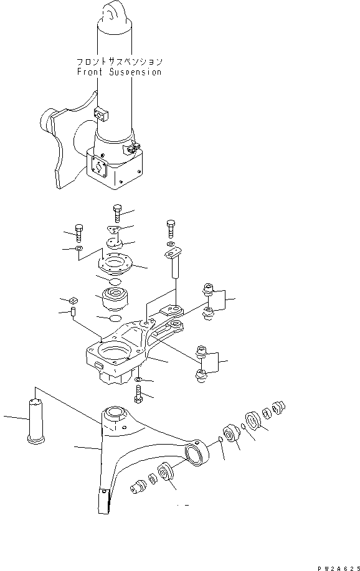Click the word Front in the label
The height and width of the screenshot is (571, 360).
tap(89, 72)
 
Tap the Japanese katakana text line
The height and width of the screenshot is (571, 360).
tap(119, 62)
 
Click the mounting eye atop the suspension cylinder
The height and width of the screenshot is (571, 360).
tap(113, 11)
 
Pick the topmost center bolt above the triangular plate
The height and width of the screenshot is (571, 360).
tap(117, 213)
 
